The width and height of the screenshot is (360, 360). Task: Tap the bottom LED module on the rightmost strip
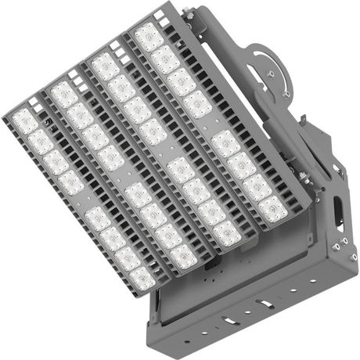click(x=272, y=208)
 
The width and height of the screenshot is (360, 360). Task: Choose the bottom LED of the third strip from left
click(x=227, y=232)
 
